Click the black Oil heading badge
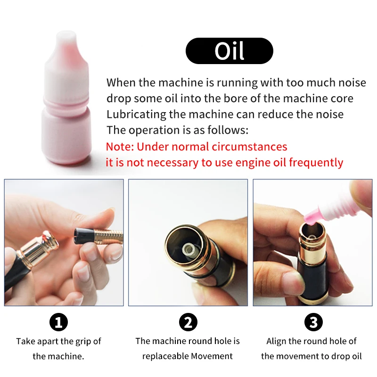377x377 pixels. click(229, 51)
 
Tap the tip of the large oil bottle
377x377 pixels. click(66, 33)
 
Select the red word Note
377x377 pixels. click(120, 147)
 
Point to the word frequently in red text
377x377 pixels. click(316, 163)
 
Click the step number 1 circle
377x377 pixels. click(58, 322)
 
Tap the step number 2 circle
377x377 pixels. click(188, 322)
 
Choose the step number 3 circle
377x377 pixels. click(313, 322)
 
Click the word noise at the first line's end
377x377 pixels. click(352, 83)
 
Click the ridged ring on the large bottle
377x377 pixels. click(66, 102)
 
